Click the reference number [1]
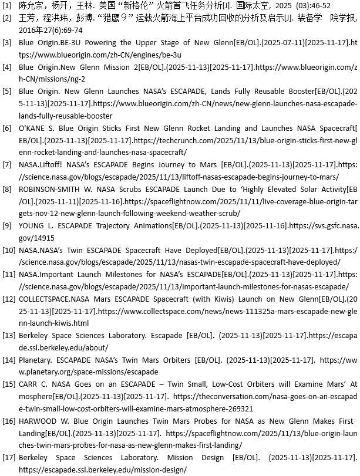[6, 5]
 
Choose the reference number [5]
[6, 92]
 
